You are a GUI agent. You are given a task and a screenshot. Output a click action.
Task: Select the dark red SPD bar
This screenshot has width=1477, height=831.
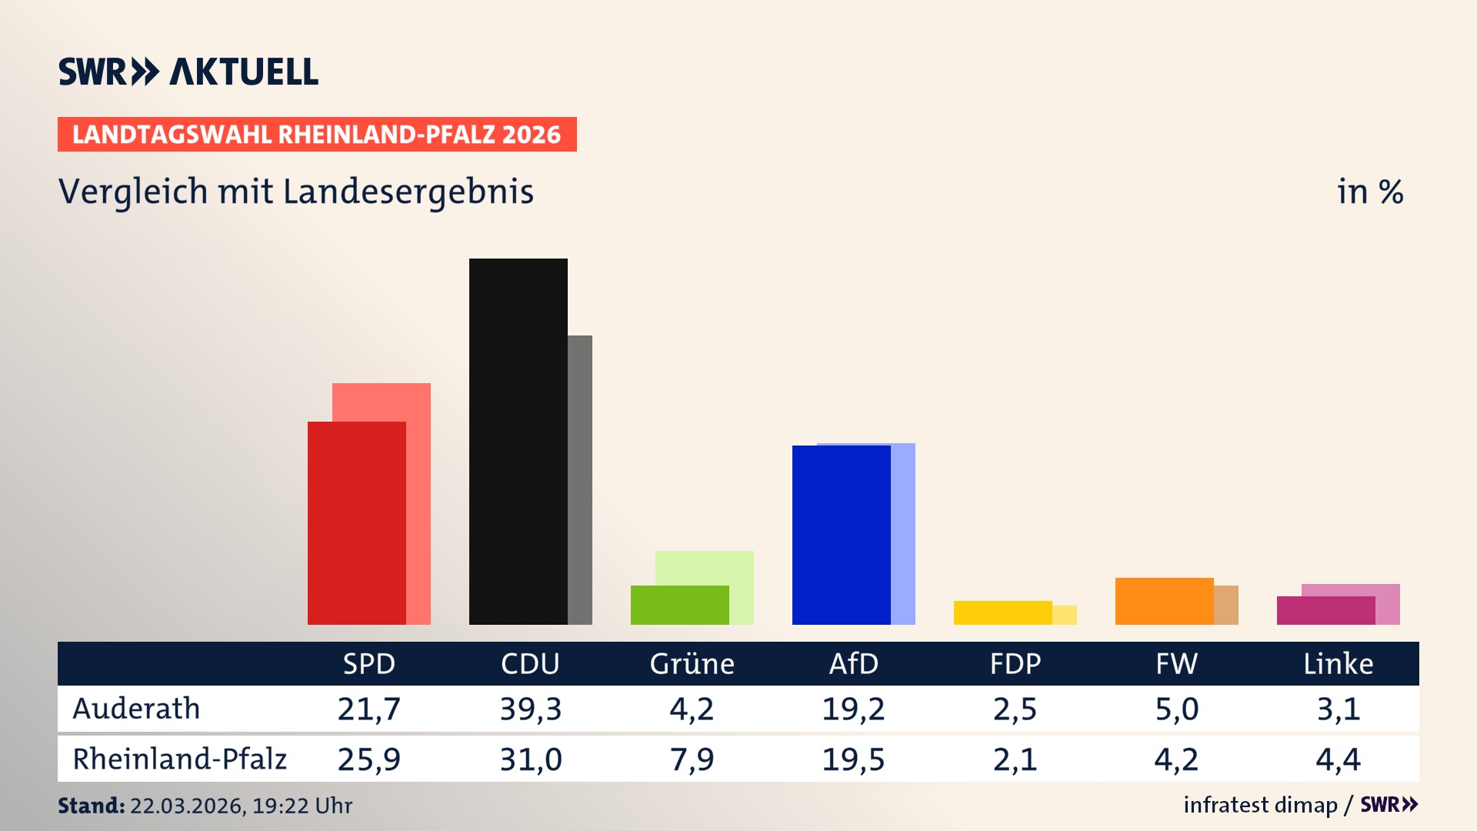[356, 522]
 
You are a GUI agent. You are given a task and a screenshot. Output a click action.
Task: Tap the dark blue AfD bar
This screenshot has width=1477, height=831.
[841, 535]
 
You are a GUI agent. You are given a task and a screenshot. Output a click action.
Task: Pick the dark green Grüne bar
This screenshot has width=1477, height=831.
[679, 605]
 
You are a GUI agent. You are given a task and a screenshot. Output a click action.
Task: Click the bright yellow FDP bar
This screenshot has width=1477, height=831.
[1002, 612]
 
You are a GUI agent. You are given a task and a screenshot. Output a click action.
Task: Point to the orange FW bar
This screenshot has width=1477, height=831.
[1164, 601]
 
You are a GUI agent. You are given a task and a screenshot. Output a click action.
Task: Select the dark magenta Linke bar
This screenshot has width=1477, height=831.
[1325, 610]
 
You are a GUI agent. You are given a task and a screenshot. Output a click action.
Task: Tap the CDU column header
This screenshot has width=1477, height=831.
[530, 663]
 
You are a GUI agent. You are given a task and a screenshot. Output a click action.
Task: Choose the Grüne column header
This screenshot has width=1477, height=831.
[692, 663]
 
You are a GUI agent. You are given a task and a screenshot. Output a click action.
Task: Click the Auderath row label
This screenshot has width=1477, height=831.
[136, 709]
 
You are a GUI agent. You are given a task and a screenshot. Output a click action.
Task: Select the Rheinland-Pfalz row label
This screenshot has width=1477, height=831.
[179, 759]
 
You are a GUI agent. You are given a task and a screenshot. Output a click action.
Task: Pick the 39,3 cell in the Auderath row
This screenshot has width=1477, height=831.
[530, 709]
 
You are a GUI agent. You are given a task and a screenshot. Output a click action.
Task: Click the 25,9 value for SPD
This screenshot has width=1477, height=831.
[368, 759]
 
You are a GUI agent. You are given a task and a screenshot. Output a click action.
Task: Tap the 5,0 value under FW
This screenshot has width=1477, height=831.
[1176, 709]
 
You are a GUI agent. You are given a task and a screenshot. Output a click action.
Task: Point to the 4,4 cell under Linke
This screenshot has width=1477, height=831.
[1338, 759]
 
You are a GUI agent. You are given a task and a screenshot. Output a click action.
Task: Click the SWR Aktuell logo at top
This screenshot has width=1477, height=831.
[188, 72]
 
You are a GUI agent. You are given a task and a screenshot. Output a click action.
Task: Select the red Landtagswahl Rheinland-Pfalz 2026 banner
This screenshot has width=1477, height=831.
[317, 135]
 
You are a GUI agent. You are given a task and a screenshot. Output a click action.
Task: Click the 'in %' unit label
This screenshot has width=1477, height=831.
[1369, 192]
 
